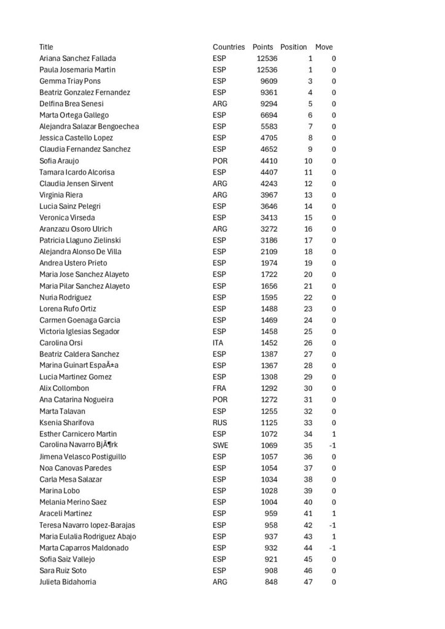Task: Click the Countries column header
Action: click(x=229, y=47)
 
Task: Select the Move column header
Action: click(x=324, y=47)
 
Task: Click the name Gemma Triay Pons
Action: click(x=70, y=81)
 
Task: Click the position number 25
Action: click(x=308, y=332)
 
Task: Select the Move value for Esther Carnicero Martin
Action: click(x=333, y=434)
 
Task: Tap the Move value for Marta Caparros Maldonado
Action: click(x=332, y=547)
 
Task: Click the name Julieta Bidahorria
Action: click(x=68, y=582)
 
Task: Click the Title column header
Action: click(x=46, y=47)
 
